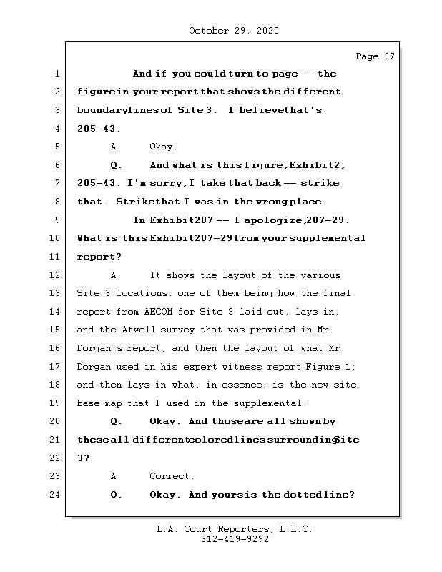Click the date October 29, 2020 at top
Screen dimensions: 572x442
point(233,31)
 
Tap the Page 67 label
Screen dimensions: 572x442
point(375,56)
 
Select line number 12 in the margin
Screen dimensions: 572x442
point(57,275)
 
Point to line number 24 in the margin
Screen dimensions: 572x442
point(57,495)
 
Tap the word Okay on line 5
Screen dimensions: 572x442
point(162,147)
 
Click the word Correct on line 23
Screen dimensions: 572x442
point(172,476)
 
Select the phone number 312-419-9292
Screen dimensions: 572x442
point(234,540)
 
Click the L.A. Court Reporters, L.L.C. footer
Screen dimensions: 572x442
point(234,529)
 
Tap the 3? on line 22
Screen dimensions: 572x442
point(83,458)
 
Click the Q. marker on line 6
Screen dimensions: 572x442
point(117,165)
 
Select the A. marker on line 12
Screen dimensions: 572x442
point(117,275)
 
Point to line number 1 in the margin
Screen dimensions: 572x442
point(57,74)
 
